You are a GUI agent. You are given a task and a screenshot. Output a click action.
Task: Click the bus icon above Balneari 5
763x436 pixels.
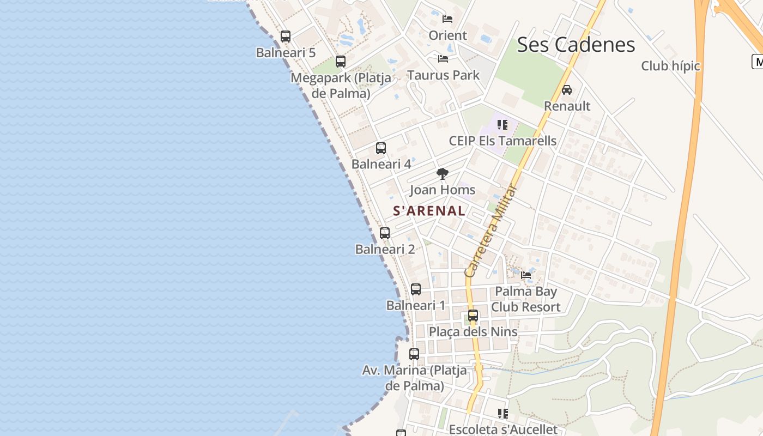click(x=285, y=37)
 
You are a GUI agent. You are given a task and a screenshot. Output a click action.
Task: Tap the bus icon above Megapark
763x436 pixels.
click(x=341, y=62)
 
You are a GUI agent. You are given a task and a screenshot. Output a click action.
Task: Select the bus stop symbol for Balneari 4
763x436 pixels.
click(x=381, y=148)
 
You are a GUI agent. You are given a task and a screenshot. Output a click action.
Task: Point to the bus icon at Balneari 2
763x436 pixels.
click(x=385, y=233)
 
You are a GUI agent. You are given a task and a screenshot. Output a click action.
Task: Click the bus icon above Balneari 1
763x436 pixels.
click(x=416, y=289)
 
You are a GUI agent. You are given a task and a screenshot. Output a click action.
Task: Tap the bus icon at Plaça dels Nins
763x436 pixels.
click(x=473, y=316)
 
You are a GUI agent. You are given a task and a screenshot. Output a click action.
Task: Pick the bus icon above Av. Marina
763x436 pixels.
click(x=414, y=354)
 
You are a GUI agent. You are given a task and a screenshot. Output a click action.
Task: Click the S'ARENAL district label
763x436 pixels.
click(x=429, y=211)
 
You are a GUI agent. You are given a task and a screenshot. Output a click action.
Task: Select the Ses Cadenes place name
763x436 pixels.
click(x=576, y=45)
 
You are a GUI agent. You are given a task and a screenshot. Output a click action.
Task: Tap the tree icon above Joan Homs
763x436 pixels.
click(x=443, y=174)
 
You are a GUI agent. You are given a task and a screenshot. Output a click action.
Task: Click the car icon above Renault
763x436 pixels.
click(x=567, y=90)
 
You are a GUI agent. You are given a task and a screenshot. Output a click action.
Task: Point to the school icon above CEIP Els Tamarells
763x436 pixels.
click(x=502, y=125)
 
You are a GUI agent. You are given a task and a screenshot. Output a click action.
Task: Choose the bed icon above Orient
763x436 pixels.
click(x=447, y=19)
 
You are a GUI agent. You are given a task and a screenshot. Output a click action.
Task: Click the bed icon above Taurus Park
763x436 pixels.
click(x=443, y=58)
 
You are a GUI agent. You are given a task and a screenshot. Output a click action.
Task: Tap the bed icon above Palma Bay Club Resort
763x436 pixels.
click(x=526, y=275)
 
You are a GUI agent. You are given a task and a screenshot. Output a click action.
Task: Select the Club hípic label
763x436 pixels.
click(x=670, y=66)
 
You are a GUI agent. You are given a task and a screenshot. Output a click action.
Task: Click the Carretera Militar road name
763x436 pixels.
click(x=491, y=232)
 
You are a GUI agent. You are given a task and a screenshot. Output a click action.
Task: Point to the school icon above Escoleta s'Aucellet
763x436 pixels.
click(x=502, y=414)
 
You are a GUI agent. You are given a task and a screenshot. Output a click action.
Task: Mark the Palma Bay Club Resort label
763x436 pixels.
click(x=525, y=299)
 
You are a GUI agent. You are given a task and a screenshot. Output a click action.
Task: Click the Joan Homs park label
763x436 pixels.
click(x=443, y=190)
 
